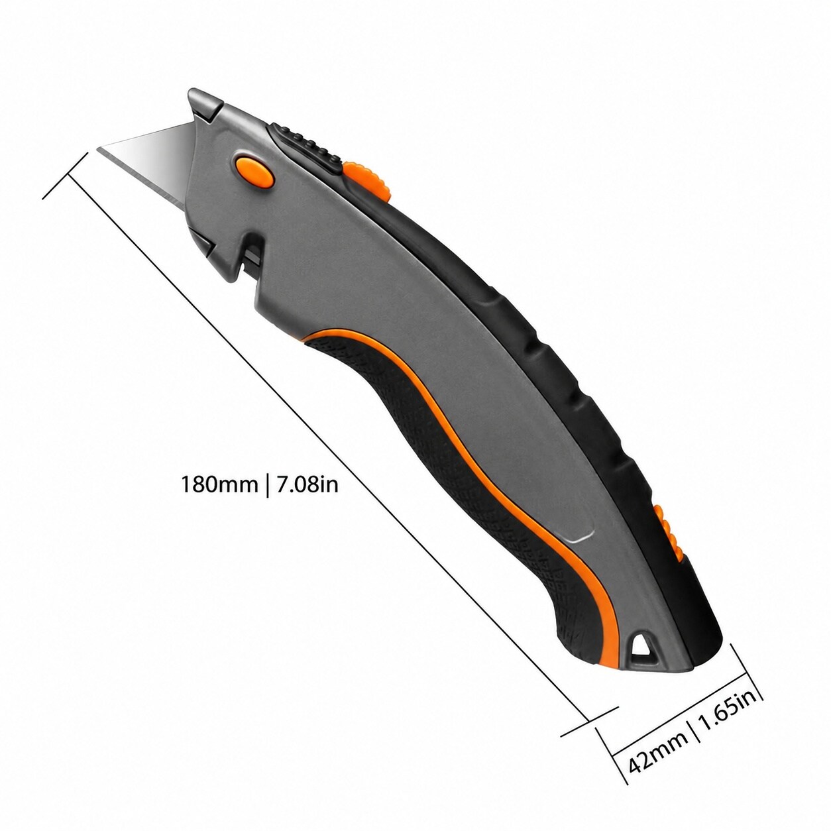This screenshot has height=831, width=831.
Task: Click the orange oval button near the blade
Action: pyautogui.click(x=253, y=171)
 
